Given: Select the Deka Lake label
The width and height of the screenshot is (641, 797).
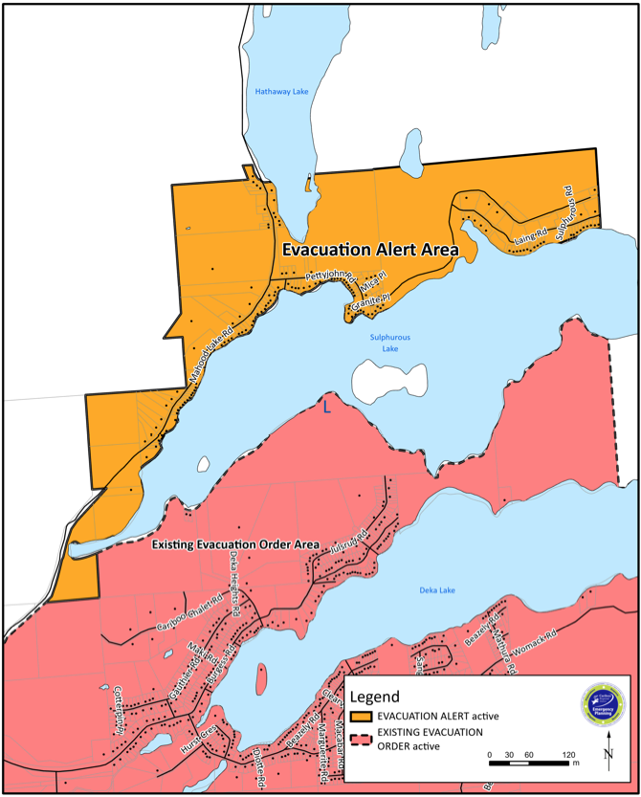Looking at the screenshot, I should pyautogui.click(x=437, y=590).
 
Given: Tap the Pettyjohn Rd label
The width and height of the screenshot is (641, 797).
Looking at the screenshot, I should pyautogui.click(x=330, y=277).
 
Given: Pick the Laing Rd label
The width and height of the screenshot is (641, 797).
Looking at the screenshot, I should pyautogui.click(x=529, y=234).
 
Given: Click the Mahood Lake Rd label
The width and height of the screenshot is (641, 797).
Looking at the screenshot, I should pyautogui.click(x=211, y=353).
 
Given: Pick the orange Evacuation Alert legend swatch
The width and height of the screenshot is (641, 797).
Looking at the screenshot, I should pyautogui.click(x=359, y=717).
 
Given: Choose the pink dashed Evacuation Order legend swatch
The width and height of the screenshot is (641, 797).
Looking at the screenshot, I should pyautogui.click(x=359, y=739).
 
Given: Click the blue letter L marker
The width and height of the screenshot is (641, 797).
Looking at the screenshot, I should pyautogui.click(x=326, y=408).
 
